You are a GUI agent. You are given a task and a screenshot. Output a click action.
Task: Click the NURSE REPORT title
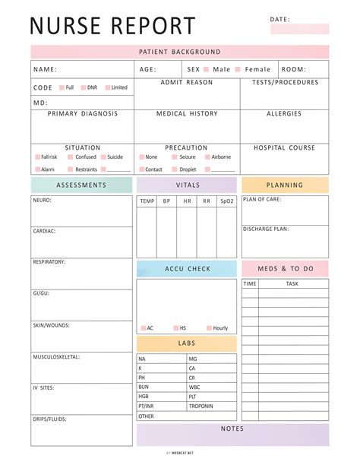[x=112, y=26]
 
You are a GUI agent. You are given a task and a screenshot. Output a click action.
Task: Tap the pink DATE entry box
[x=300, y=29]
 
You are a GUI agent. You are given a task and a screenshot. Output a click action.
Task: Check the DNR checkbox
[x=84, y=87]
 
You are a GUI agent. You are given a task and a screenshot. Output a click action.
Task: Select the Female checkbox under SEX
[x=238, y=69]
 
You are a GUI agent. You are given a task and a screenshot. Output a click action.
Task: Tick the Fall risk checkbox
[x=37, y=157]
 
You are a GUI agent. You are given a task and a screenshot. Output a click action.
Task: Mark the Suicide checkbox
[x=103, y=157]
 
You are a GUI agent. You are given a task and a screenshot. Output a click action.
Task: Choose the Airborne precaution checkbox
[x=207, y=157]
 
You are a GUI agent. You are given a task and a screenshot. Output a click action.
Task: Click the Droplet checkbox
[x=174, y=169]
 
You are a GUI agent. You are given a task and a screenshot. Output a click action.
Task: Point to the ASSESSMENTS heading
[x=81, y=185]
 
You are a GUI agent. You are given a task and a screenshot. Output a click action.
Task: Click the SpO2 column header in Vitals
[x=226, y=201]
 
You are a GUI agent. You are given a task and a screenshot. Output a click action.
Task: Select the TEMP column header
[x=147, y=201]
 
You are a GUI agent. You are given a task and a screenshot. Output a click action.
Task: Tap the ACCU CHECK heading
[x=187, y=269]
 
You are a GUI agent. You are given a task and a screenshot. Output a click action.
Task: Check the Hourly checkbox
[x=209, y=328]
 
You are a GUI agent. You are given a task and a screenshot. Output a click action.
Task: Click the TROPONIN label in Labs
[x=201, y=406]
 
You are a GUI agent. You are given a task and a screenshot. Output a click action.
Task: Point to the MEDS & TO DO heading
[x=285, y=269]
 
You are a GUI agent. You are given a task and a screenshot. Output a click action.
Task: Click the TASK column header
[x=292, y=283]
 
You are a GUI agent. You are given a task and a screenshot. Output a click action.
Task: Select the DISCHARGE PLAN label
[x=266, y=229]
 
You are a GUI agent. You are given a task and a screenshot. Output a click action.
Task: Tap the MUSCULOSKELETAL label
[x=56, y=356]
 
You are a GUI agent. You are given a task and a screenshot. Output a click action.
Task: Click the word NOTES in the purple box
[x=232, y=429]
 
